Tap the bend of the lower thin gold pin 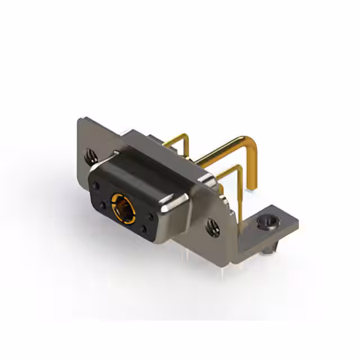point(238,169)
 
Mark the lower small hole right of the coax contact point(145,228)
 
